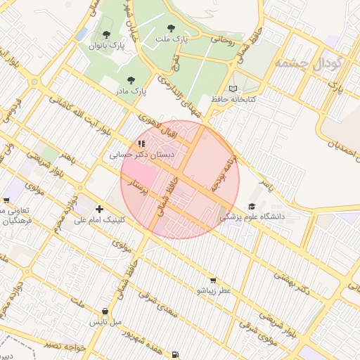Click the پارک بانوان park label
(x=105, y=45)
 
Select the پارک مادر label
(x=130, y=91)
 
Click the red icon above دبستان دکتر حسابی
(x=141, y=143)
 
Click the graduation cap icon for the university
(x=252, y=206)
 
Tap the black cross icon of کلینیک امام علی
(x=99, y=209)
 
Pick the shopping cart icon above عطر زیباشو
(x=213, y=280)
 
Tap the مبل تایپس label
(x=105, y=321)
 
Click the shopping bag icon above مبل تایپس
(x=105, y=311)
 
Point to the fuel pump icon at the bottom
(x=174, y=354)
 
